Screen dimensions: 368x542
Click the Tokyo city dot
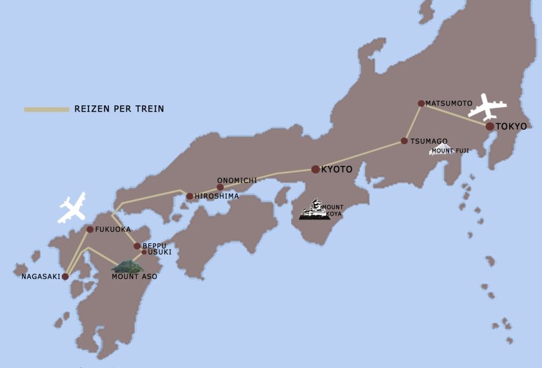click(490, 127)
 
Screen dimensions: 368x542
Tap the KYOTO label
click(337, 170)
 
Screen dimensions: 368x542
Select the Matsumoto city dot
click(421, 103)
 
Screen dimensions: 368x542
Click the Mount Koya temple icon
click(312, 210)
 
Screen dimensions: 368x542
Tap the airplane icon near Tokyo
click(487, 107)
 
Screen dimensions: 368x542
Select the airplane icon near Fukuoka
click(72, 207)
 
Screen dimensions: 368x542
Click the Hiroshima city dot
click(190, 196)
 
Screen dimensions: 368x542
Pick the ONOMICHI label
click(237, 181)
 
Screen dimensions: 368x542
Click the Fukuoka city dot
click(90, 229)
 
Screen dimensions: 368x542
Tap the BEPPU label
click(154, 246)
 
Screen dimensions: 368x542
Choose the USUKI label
click(160, 252)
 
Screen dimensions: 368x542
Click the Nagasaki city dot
click(65, 276)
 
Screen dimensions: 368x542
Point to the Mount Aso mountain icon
click(127, 266)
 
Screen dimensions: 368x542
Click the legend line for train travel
click(46, 109)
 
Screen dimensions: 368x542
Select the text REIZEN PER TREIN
click(119, 109)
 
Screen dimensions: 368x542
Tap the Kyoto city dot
click(315, 169)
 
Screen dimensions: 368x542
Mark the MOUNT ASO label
click(134, 277)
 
